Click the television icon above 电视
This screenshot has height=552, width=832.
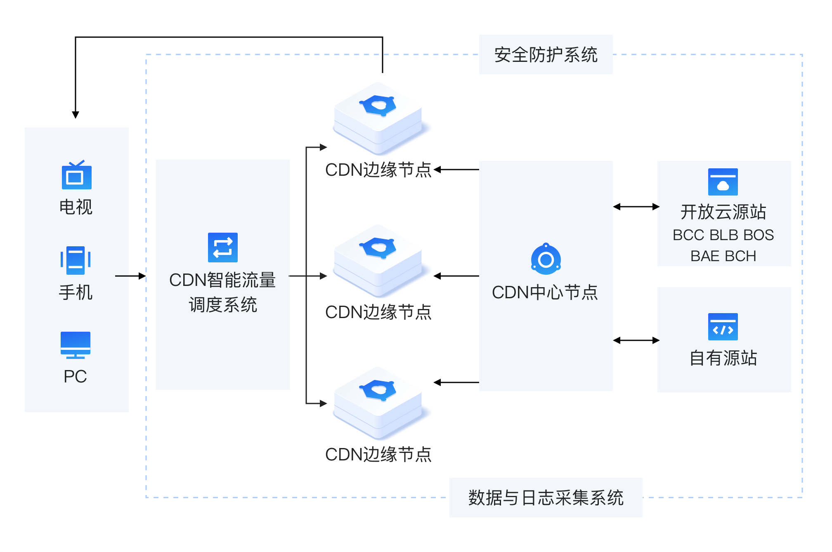(x=76, y=176)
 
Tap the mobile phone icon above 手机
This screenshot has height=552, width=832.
(x=76, y=260)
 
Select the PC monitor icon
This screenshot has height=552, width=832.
(x=76, y=344)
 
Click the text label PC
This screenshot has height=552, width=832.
(x=76, y=376)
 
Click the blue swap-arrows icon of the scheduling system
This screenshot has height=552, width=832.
(x=223, y=248)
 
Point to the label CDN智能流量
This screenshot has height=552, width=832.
(x=222, y=280)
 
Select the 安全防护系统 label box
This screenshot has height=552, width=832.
(x=546, y=55)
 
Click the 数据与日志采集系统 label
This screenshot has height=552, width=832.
(x=546, y=498)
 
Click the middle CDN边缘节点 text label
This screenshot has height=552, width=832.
(x=378, y=312)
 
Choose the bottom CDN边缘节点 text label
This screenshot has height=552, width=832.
(x=378, y=455)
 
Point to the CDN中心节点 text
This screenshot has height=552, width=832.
(x=545, y=293)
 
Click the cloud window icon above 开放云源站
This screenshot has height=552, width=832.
(x=723, y=182)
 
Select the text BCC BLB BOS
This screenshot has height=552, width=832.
(x=723, y=235)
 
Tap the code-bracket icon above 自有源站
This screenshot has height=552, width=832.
(x=723, y=327)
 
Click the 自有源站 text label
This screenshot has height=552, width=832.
(x=723, y=358)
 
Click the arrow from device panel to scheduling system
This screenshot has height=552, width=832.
(x=130, y=276)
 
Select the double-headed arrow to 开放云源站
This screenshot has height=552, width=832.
(x=636, y=207)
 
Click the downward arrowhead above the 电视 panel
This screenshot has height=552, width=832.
(x=76, y=114)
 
